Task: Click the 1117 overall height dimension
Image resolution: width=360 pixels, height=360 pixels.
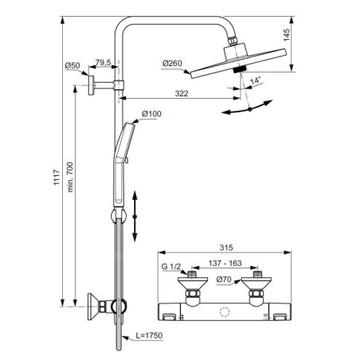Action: tap(57, 177)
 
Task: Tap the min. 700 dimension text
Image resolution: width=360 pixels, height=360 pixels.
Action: tap(70, 177)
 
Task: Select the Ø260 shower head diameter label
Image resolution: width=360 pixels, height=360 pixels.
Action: tap(172, 64)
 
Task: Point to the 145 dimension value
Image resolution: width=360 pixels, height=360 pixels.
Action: tap(287, 35)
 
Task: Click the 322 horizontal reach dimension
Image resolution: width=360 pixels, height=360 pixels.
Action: tap(182, 93)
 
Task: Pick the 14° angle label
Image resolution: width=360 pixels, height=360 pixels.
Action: tap(256, 80)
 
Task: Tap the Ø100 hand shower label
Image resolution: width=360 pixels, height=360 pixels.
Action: tap(151, 114)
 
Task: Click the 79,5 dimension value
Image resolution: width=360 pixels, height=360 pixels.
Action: tap(103, 63)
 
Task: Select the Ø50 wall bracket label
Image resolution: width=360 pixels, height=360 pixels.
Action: tap(72, 65)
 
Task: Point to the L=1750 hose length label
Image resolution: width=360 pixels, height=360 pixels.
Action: tap(149, 335)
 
